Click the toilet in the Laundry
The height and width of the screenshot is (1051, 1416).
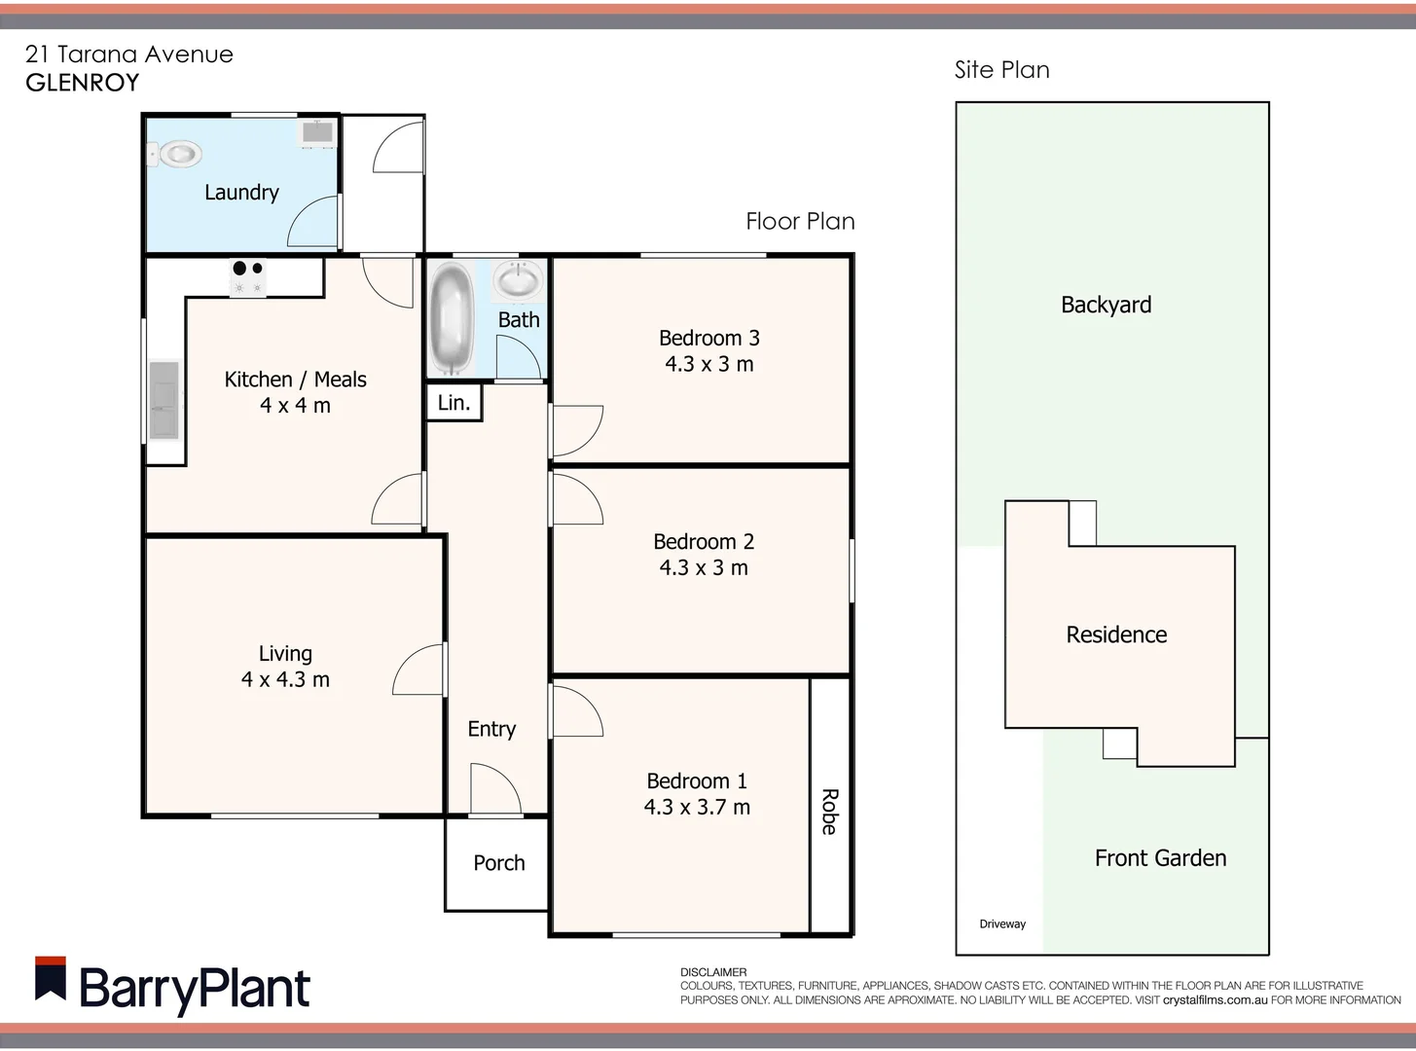175,154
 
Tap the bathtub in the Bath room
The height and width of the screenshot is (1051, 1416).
451,317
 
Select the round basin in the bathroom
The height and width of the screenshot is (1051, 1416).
518,281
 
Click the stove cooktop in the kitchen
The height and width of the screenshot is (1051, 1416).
247,277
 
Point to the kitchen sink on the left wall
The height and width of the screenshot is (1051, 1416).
163,400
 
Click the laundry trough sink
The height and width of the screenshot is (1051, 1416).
316,131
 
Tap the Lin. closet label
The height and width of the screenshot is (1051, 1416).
454,403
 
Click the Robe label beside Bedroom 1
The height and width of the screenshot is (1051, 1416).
829,812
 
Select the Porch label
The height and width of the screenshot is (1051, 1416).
498,863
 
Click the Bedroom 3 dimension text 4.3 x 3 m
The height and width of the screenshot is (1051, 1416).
708,364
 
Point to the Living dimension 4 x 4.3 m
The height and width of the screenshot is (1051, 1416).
285,679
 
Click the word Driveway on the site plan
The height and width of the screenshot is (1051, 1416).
1002,924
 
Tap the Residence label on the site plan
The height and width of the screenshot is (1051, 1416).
1116,634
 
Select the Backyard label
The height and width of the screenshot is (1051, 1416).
1106,305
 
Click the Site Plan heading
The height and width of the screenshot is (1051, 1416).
1001,70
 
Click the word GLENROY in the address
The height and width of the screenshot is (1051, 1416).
83,83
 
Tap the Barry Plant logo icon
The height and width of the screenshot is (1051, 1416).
51,979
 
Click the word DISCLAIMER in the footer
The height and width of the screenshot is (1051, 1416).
713,972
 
